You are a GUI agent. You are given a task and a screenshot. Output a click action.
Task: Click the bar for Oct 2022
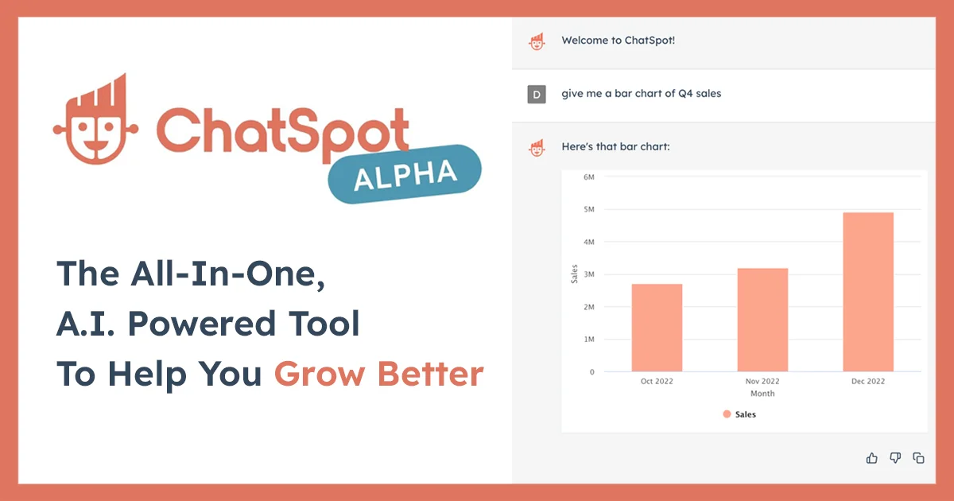pyautogui.click(x=657, y=328)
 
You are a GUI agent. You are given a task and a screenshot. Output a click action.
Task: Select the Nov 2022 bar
pyautogui.click(x=762, y=320)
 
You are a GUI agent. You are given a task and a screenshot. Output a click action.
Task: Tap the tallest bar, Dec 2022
pyautogui.click(x=868, y=292)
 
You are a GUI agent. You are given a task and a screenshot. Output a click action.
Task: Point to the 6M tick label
pyautogui.click(x=588, y=177)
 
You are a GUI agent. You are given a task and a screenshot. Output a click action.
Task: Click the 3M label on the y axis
pyautogui.click(x=588, y=274)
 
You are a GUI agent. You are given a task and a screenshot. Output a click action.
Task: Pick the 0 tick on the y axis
pyautogui.click(x=591, y=371)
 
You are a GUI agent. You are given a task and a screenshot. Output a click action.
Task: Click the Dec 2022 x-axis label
pyautogui.click(x=868, y=382)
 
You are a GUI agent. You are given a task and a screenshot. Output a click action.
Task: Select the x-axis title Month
pyautogui.click(x=762, y=394)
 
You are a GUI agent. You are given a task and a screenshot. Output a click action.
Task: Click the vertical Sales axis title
pyautogui.click(x=575, y=274)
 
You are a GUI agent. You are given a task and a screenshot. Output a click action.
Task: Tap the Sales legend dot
pyautogui.click(x=727, y=414)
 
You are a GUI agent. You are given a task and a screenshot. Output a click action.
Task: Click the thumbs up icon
pyautogui.click(x=872, y=457)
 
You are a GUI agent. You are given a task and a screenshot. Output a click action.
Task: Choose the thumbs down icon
pyautogui.click(x=895, y=457)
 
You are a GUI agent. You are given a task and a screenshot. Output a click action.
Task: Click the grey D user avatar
pyautogui.click(x=537, y=94)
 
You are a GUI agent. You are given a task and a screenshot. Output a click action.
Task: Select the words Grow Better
pyautogui.click(x=379, y=375)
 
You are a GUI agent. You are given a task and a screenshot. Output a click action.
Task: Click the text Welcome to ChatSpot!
pyautogui.click(x=618, y=41)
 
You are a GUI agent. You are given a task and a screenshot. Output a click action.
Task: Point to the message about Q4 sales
pyautogui.click(x=641, y=94)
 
